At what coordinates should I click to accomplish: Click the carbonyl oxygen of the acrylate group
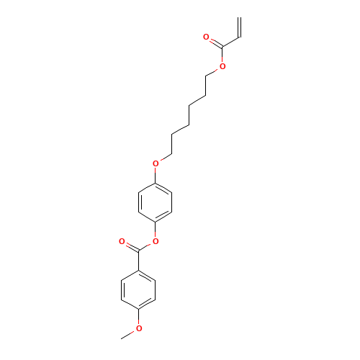click(x=206, y=37)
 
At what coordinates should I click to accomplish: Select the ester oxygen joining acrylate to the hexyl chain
click(x=222, y=66)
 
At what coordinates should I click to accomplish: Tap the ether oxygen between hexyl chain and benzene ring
click(x=156, y=163)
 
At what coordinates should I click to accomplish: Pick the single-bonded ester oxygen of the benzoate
click(x=156, y=241)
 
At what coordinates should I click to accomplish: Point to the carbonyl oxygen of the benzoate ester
click(x=122, y=241)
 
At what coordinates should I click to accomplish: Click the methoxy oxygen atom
click(x=139, y=328)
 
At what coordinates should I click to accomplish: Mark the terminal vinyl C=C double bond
click(x=239, y=27)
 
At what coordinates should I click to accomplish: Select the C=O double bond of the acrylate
click(x=216, y=43)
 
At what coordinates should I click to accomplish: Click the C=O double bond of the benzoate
click(x=132, y=247)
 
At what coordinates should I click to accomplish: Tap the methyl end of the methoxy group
click(x=122, y=338)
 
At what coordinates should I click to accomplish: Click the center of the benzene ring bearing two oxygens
click(x=156, y=202)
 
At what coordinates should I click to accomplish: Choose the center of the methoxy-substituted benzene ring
click(x=138, y=289)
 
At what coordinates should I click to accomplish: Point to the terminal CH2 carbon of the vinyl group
click(x=239, y=17)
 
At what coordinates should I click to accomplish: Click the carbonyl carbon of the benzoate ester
click(x=138, y=251)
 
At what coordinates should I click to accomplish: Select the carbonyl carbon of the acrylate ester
click(x=222, y=47)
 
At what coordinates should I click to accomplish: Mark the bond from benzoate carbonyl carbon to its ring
click(x=138, y=261)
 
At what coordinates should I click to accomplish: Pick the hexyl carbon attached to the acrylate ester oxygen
click(x=206, y=76)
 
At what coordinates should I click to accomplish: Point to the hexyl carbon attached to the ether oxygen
click(x=172, y=154)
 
